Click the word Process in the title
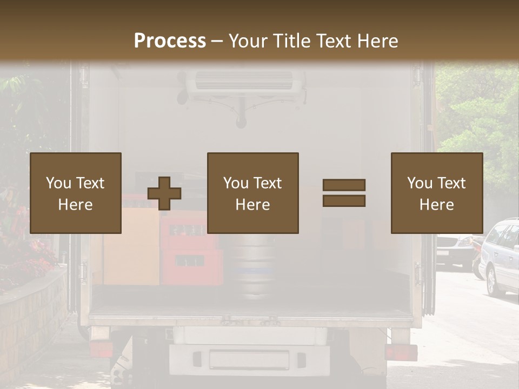click(170, 41)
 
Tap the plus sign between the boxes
click(164, 193)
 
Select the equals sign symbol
click(344, 193)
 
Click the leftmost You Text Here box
click(76, 193)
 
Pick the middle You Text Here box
click(253, 193)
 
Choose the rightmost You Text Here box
click(437, 193)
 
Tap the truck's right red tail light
click(401, 352)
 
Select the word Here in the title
click(379, 41)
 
